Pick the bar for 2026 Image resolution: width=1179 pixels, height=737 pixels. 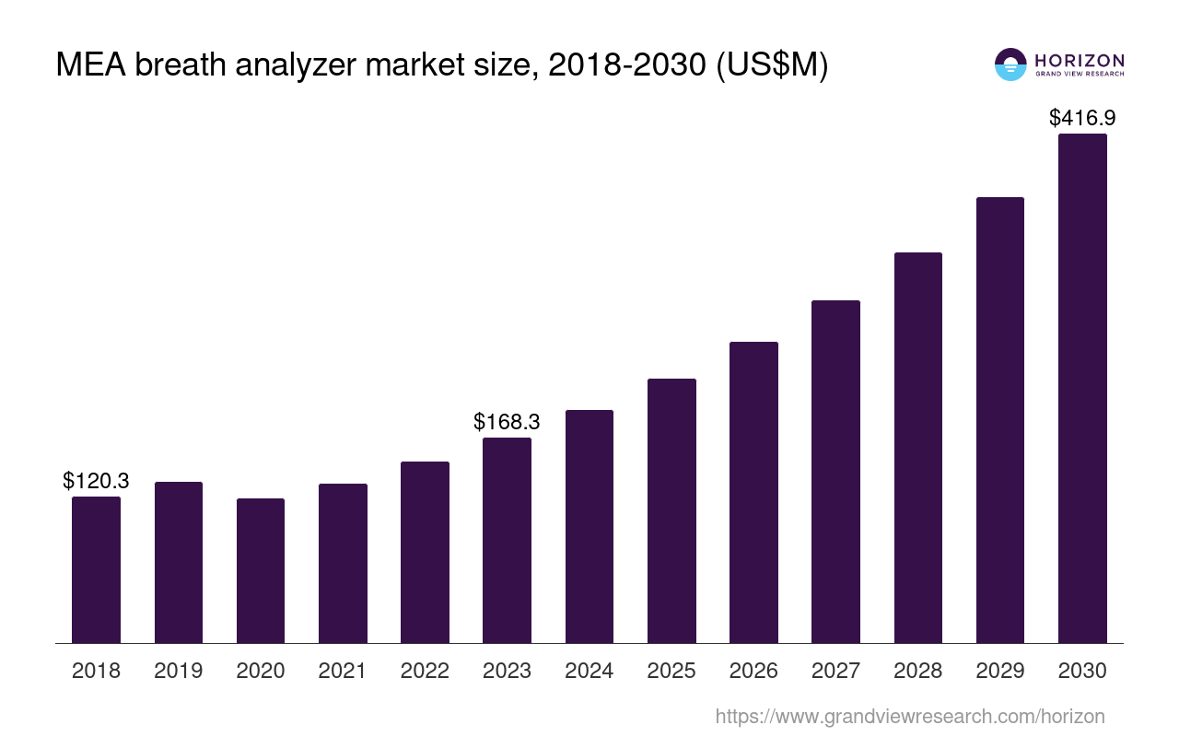[x=753, y=492]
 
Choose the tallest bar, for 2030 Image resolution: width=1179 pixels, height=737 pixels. [x=1082, y=388]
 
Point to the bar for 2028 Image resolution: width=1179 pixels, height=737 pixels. [x=917, y=447]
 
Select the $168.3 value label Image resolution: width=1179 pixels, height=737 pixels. [x=507, y=422]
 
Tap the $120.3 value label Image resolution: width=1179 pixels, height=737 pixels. [x=96, y=481]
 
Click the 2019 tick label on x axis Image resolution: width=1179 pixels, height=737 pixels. [x=179, y=671]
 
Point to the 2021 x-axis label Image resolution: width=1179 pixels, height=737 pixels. [x=343, y=671]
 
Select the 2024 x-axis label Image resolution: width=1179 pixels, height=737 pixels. [x=589, y=671]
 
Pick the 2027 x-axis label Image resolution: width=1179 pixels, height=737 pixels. [x=835, y=671]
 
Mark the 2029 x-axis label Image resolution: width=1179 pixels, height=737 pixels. [x=1000, y=671]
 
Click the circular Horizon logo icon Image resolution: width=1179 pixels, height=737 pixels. [x=1010, y=64]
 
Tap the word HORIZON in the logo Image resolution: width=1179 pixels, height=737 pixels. [x=1080, y=60]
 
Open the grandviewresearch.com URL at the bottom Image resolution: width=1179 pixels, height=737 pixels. [x=909, y=716]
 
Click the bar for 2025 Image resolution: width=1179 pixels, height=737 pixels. [x=671, y=510]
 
